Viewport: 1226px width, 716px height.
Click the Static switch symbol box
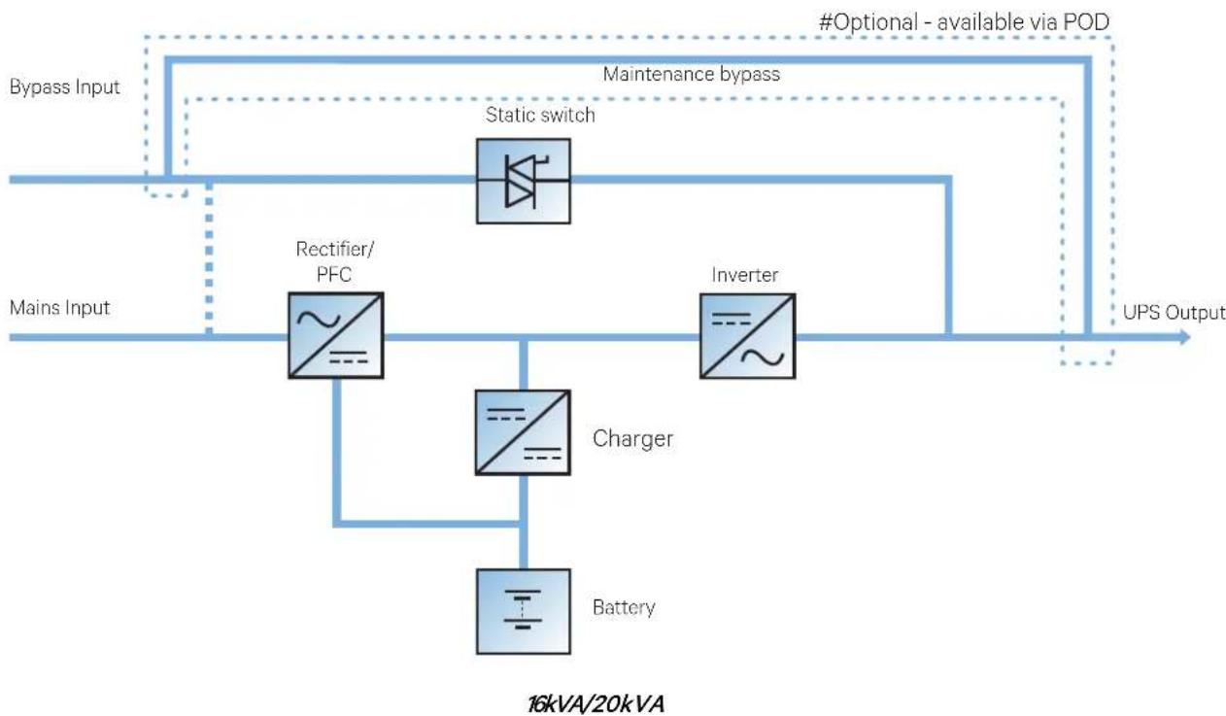[x=524, y=181]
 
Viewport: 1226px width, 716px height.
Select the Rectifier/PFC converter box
[x=336, y=335]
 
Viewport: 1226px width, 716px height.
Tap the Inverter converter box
[x=748, y=336]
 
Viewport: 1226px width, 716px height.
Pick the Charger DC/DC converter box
[x=523, y=432]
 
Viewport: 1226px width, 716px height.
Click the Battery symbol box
[x=524, y=611]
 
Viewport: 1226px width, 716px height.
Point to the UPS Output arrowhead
[x=1184, y=337]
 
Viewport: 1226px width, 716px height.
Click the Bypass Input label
[x=64, y=87]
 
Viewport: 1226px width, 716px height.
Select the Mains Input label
[x=59, y=308]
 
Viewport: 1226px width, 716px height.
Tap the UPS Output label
[x=1174, y=313]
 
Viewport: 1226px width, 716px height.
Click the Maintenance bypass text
[x=692, y=75]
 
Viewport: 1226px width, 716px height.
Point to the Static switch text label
[x=540, y=115]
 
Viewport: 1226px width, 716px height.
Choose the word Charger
[x=632, y=438]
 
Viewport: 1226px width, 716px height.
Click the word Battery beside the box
[x=624, y=607]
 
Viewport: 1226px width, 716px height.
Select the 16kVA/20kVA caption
[x=596, y=704]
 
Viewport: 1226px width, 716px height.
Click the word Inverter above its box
[x=745, y=275]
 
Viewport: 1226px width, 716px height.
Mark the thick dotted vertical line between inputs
[x=209, y=257]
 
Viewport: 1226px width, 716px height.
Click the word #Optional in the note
[x=868, y=23]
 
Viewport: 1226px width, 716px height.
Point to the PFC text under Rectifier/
[x=334, y=274]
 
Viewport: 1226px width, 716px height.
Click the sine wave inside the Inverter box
[x=763, y=358]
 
